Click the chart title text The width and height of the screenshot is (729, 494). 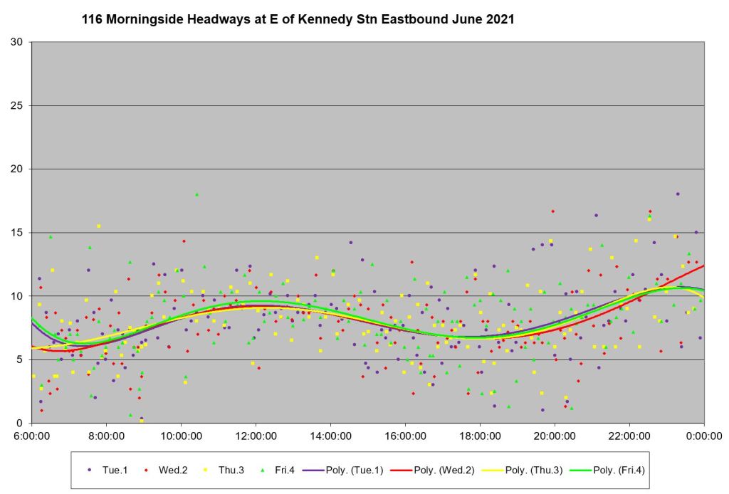click(x=298, y=20)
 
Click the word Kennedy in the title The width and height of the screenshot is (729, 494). click(x=324, y=20)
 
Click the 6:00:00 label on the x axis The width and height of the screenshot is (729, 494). click(x=31, y=436)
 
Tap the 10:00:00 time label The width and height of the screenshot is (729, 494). click(x=181, y=436)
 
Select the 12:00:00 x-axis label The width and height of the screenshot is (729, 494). click(x=256, y=436)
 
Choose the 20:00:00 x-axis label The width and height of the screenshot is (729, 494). click(x=555, y=436)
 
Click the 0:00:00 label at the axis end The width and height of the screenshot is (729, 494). click(x=704, y=436)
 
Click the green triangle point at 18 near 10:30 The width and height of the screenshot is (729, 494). click(x=197, y=194)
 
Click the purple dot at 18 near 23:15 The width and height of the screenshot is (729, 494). click(x=678, y=194)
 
